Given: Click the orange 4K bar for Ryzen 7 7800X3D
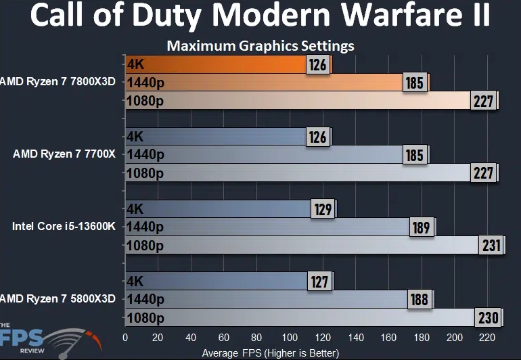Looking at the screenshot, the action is pyautogui.click(x=229, y=64).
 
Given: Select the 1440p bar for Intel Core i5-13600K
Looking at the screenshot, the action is pyautogui.click(x=281, y=227).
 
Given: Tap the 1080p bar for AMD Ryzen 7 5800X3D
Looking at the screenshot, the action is pyautogui.click(x=315, y=317).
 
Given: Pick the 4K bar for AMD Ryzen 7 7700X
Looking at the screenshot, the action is pyautogui.click(x=229, y=137).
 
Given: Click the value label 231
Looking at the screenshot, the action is pyautogui.click(x=491, y=246).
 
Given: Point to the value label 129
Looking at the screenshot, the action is pyautogui.click(x=323, y=209).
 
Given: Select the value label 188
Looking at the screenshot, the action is pyautogui.click(x=420, y=300).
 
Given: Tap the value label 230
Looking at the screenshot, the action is pyautogui.click(x=488, y=318).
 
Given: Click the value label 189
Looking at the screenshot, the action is pyautogui.click(x=422, y=227).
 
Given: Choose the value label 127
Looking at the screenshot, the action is pyautogui.click(x=319, y=282).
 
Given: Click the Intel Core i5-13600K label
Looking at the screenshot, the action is pyautogui.click(x=64, y=227).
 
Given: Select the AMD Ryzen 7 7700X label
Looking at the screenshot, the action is pyautogui.click(x=64, y=154).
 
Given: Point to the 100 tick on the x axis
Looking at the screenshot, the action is pyautogui.click(x=290, y=338).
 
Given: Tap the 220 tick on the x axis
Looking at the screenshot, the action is pyautogui.click(x=487, y=338).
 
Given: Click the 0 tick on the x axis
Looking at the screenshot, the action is pyautogui.click(x=125, y=338).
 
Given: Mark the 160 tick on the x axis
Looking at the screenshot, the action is pyautogui.click(x=388, y=338).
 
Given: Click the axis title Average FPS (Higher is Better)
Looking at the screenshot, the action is pyautogui.click(x=271, y=353).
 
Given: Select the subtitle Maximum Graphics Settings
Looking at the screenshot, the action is pyautogui.click(x=260, y=46).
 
